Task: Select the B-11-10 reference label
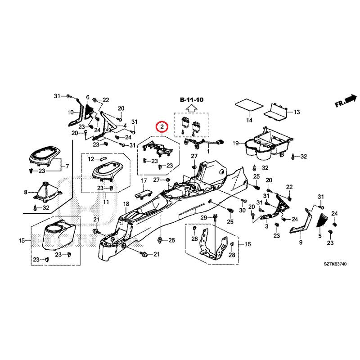(191, 99)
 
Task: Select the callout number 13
(297, 112)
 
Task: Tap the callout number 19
(235, 144)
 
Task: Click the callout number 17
(144, 181)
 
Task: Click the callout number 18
(126, 204)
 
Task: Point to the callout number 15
(22, 241)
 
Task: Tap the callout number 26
(171, 241)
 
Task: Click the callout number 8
(25, 192)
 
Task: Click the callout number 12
(90, 159)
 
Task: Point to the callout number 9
(301, 243)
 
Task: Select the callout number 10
(70, 112)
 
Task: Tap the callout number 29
(203, 218)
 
